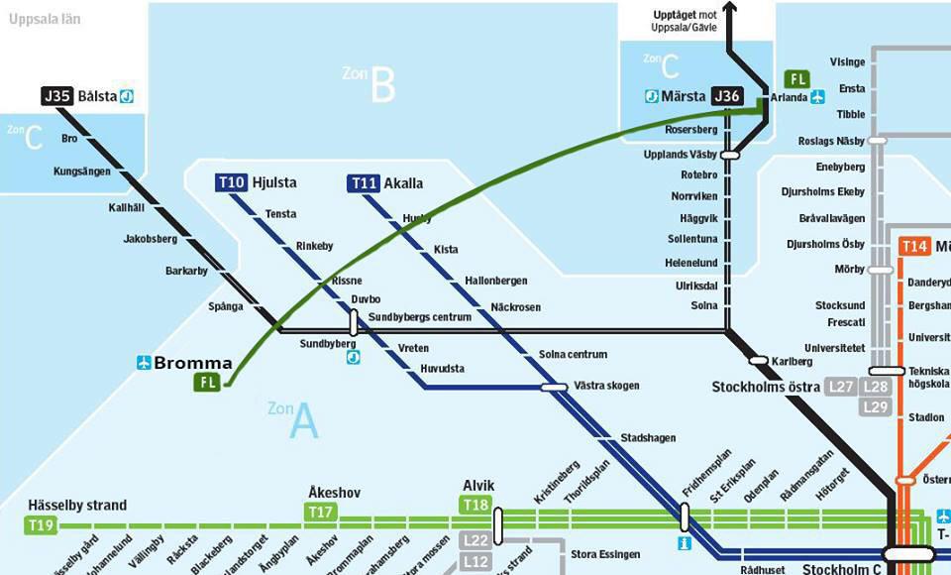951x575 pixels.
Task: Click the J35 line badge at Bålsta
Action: [x=56, y=96]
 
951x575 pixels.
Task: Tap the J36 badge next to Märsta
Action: [x=727, y=96]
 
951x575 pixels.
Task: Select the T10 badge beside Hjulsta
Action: [x=231, y=182]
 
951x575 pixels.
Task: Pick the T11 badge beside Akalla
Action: [x=364, y=182]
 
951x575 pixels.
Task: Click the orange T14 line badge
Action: [x=914, y=247]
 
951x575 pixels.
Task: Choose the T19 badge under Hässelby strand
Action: [x=41, y=524]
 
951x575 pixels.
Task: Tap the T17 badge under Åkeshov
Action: [x=320, y=512]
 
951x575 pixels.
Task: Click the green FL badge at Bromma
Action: [x=208, y=382]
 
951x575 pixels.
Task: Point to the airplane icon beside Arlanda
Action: [x=817, y=96]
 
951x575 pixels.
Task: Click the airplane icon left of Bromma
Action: [x=145, y=363]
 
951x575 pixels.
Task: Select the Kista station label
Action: [x=446, y=250]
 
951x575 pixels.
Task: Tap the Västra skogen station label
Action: [x=606, y=385]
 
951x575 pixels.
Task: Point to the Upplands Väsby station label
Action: [x=680, y=156]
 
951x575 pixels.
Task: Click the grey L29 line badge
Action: [x=876, y=406]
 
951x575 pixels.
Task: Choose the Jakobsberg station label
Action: [x=150, y=239]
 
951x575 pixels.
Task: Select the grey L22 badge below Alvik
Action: [x=476, y=540]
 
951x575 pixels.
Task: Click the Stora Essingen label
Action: [x=604, y=553]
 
